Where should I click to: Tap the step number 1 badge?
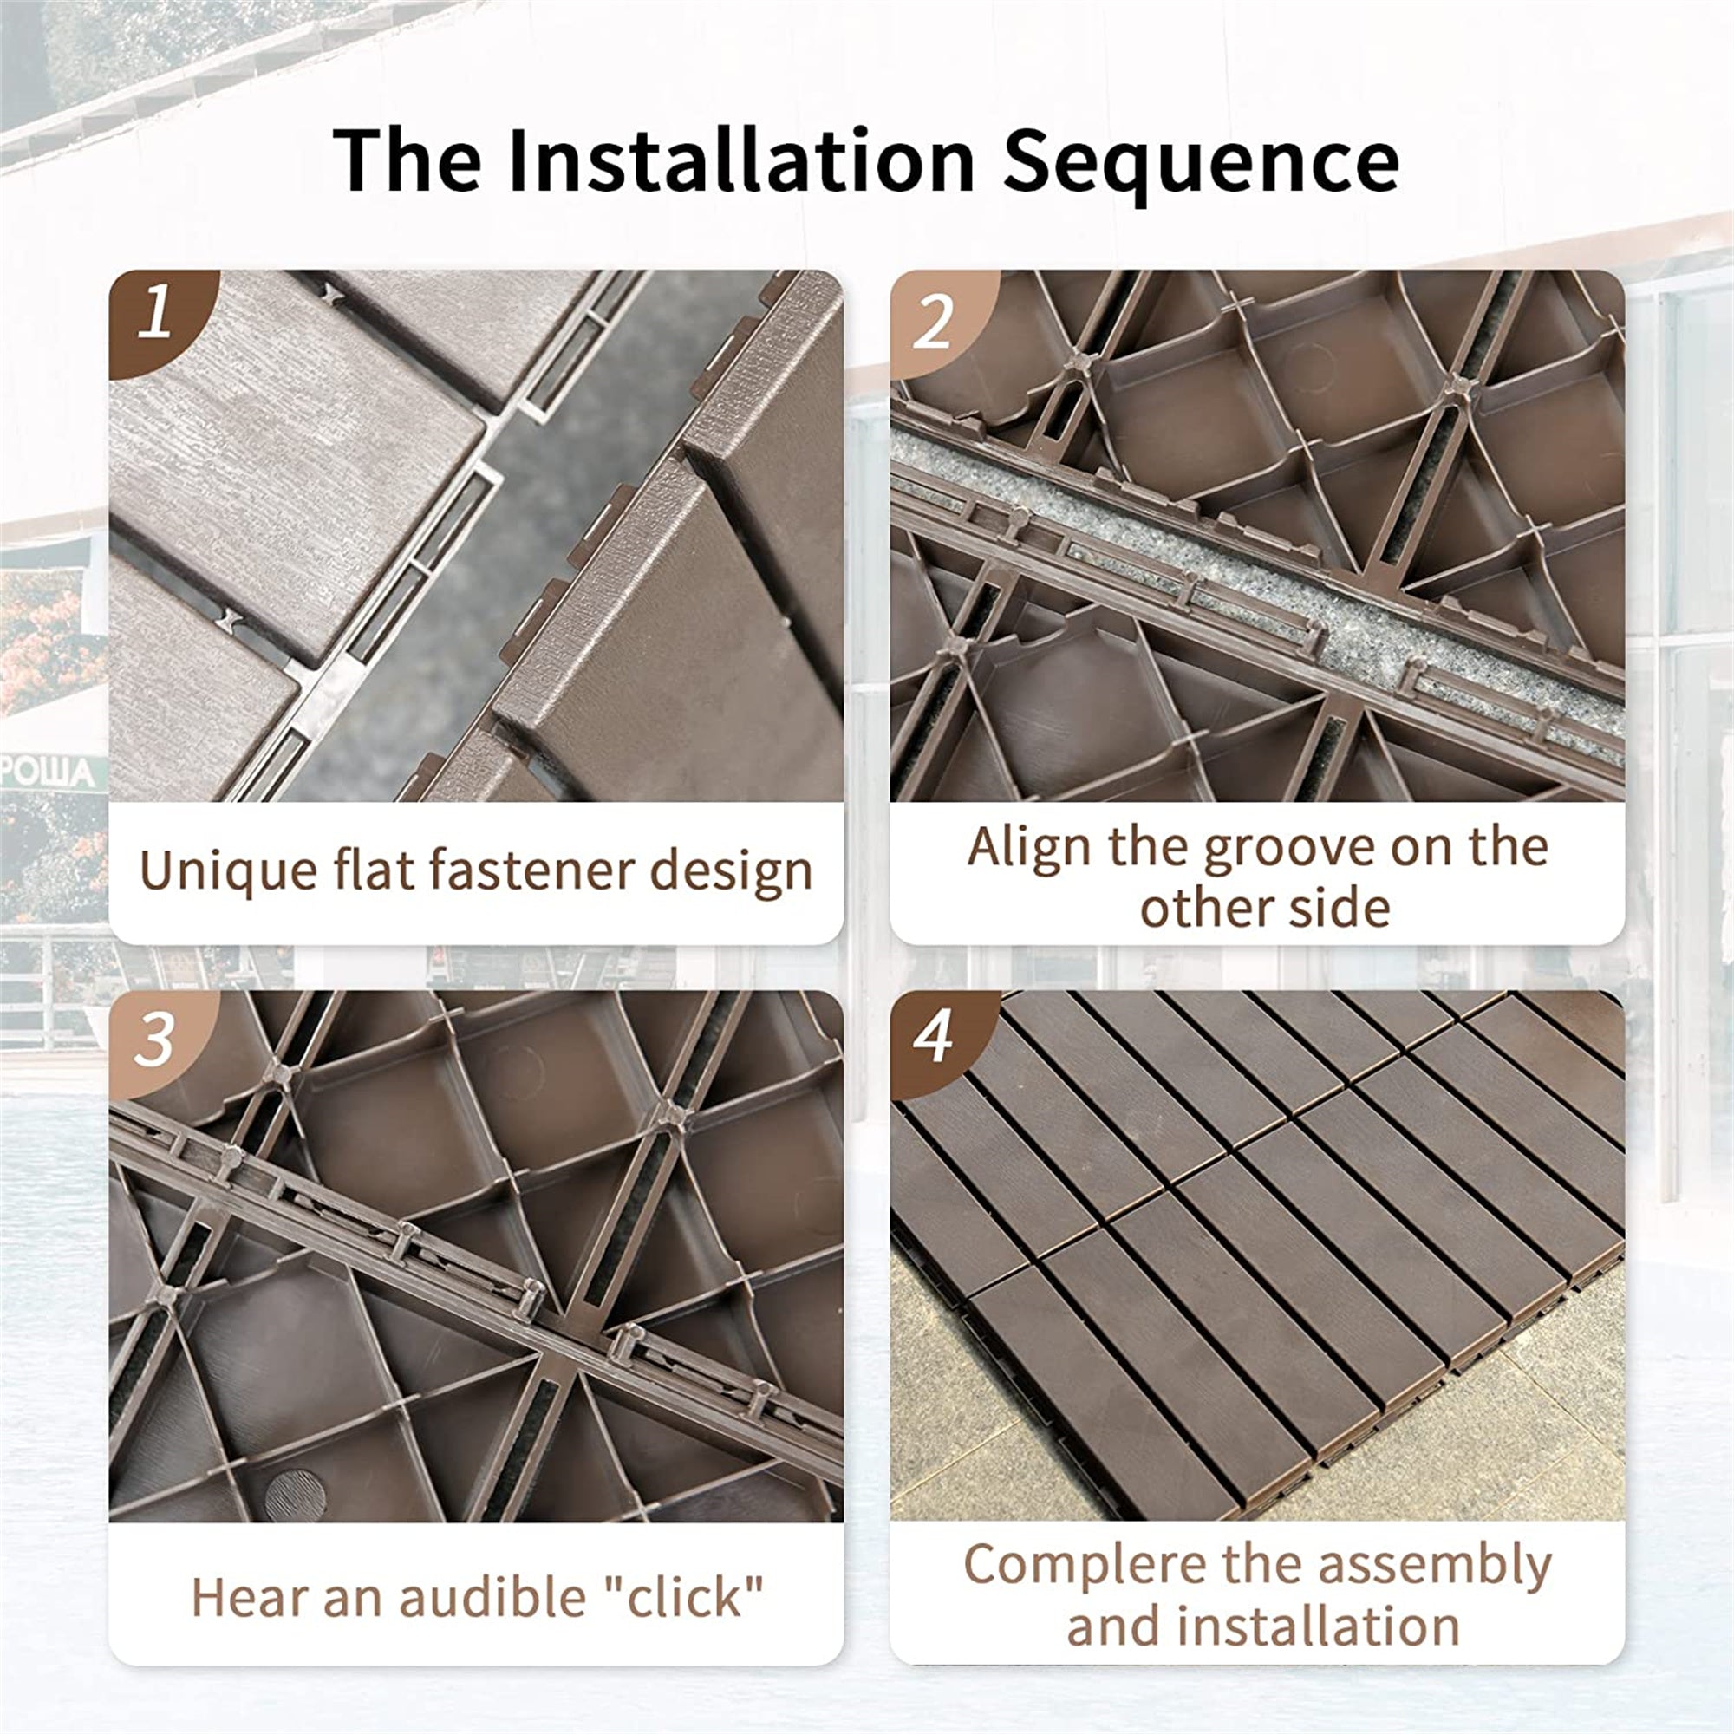[157, 314]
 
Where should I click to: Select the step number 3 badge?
[154, 1040]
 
